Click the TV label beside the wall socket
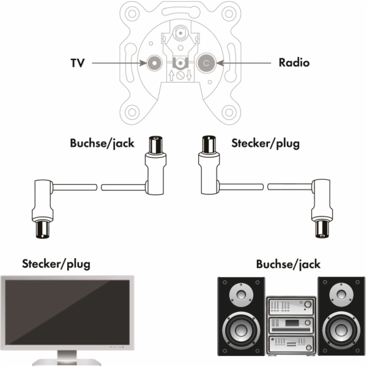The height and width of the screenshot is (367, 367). tap(78, 63)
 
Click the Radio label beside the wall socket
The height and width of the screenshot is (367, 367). tap(294, 62)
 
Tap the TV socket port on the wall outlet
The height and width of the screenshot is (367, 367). tap(155, 63)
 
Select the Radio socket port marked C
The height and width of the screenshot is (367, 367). tap(206, 63)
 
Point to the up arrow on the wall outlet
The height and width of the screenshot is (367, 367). tap(171, 75)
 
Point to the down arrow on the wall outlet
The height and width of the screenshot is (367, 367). tap(189, 75)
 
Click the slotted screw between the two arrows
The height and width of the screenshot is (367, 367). tap(180, 75)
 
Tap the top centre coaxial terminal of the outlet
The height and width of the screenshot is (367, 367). tap(180, 34)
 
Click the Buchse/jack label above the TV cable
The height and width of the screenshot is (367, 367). tap(102, 143)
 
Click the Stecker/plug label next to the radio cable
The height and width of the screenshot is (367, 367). tap(265, 143)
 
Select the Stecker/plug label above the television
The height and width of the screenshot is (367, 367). tap(56, 264)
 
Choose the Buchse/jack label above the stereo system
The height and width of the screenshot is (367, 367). tap(288, 264)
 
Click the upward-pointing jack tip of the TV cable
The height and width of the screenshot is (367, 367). tap(155, 145)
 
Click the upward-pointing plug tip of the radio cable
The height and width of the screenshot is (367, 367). tap(209, 144)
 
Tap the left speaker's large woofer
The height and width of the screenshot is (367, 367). tap(241, 330)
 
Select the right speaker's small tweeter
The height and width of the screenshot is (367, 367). tap(341, 294)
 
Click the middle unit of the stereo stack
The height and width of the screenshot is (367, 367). tap(291, 325)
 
